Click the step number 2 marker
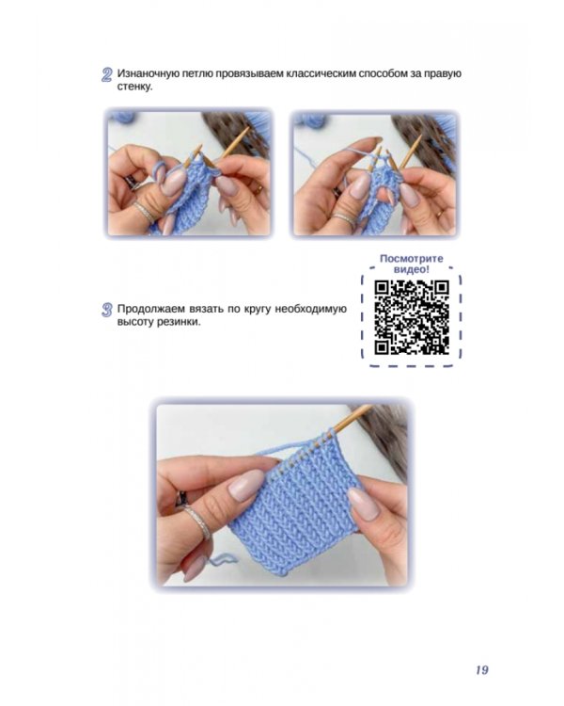pyautogui.click(x=106, y=74)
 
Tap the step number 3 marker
pyautogui.click(x=106, y=310)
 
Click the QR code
pyautogui.click(x=412, y=317)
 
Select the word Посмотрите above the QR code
pyautogui.click(x=412, y=259)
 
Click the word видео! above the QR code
pyautogui.click(x=412, y=269)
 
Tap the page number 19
pyautogui.click(x=481, y=670)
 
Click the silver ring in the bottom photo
pyautogui.click(x=198, y=521)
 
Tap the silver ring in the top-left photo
pyautogui.click(x=145, y=211)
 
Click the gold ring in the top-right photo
pyautogui.click(x=439, y=214)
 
